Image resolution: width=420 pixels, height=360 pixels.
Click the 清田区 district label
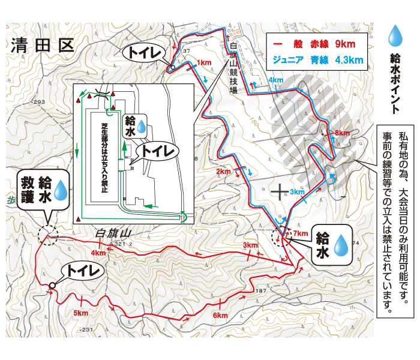41,45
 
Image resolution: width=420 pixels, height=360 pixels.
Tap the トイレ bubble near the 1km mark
144,53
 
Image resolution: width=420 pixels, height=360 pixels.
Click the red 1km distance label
204,62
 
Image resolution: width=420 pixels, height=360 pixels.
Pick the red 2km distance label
223,172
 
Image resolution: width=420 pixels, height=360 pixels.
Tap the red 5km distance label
80,313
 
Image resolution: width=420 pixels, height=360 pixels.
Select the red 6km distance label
220,316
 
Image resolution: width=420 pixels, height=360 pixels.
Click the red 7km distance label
301,233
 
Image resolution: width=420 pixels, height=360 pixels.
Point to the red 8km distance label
343,133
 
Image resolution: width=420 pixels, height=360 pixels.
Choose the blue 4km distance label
276,80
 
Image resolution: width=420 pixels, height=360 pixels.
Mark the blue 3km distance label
298,192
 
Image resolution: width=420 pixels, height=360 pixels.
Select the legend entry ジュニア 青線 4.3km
317,59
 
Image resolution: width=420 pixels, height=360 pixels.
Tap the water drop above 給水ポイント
394,36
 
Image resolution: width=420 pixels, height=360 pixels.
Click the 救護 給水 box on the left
43,191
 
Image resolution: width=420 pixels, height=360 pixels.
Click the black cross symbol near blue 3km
279,191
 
